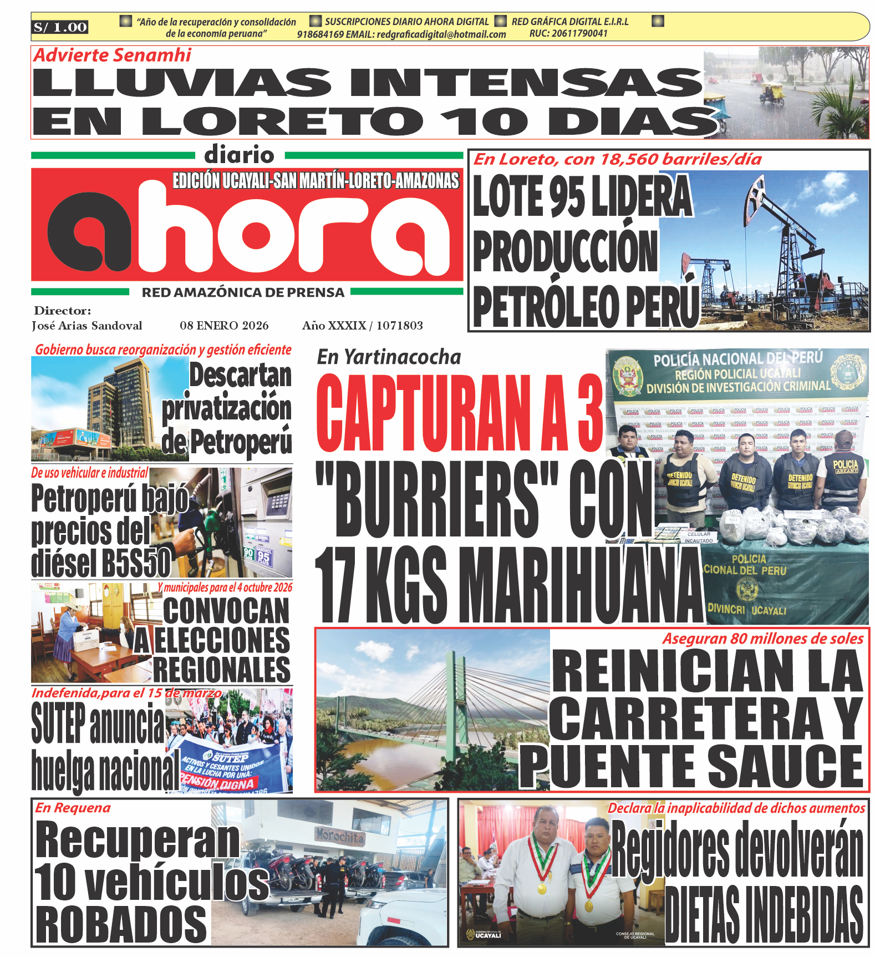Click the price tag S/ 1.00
tap(60, 27)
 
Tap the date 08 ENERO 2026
tap(224, 326)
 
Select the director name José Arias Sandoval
tap(87, 326)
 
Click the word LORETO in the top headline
tap(283, 121)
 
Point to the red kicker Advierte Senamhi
tap(112, 55)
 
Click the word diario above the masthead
tap(239, 155)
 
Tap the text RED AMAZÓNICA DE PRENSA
tap(243, 292)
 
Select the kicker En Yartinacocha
tap(389, 357)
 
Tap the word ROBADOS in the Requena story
tap(121, 924)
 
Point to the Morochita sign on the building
tap(340, 836)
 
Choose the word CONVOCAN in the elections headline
tap(226, 610)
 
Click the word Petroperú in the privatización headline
tap(241, 442)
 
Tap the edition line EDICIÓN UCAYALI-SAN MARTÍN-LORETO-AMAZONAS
tap(316, 181)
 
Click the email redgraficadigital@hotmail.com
tap(441, 34)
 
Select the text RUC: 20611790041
tap(568, 33)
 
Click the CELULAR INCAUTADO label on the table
tap(699, 537)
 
